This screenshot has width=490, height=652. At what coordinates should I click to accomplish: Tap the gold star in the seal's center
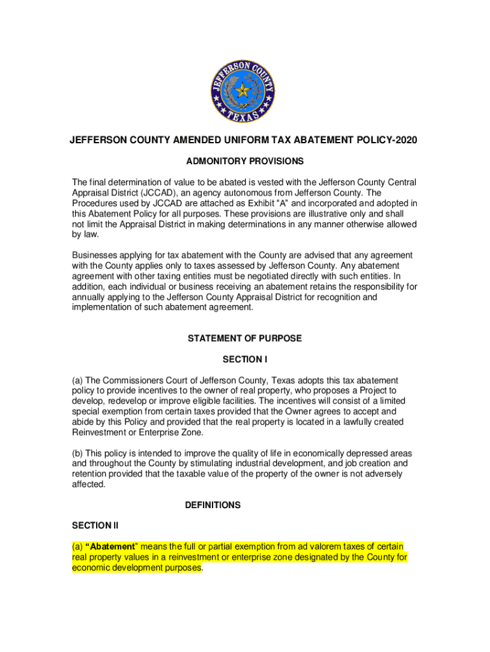(x=243, y=91)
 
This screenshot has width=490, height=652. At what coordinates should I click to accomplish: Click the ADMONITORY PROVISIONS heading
(x=244, y=161)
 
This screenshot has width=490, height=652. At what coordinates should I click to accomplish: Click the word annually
(x=90, y=297)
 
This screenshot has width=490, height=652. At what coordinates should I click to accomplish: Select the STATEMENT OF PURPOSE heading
(x=244, y=339)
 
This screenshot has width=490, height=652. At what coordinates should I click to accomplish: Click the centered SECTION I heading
(x=244, y=359)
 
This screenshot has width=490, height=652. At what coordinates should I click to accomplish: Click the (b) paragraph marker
(x=78, y=453)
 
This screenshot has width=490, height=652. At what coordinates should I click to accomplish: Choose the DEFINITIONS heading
(x=213, y=505)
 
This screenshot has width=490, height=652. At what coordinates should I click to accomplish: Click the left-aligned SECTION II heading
(x=95, y=525)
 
